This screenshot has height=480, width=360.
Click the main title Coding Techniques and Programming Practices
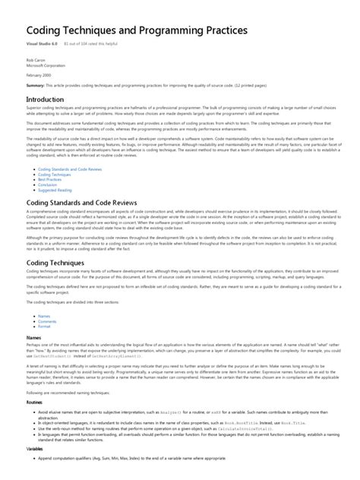tap(137, 31)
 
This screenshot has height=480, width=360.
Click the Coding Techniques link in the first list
tap(54, 174)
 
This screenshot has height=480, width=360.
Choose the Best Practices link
tap(50, 179)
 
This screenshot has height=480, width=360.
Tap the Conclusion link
tap(48, 185)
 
